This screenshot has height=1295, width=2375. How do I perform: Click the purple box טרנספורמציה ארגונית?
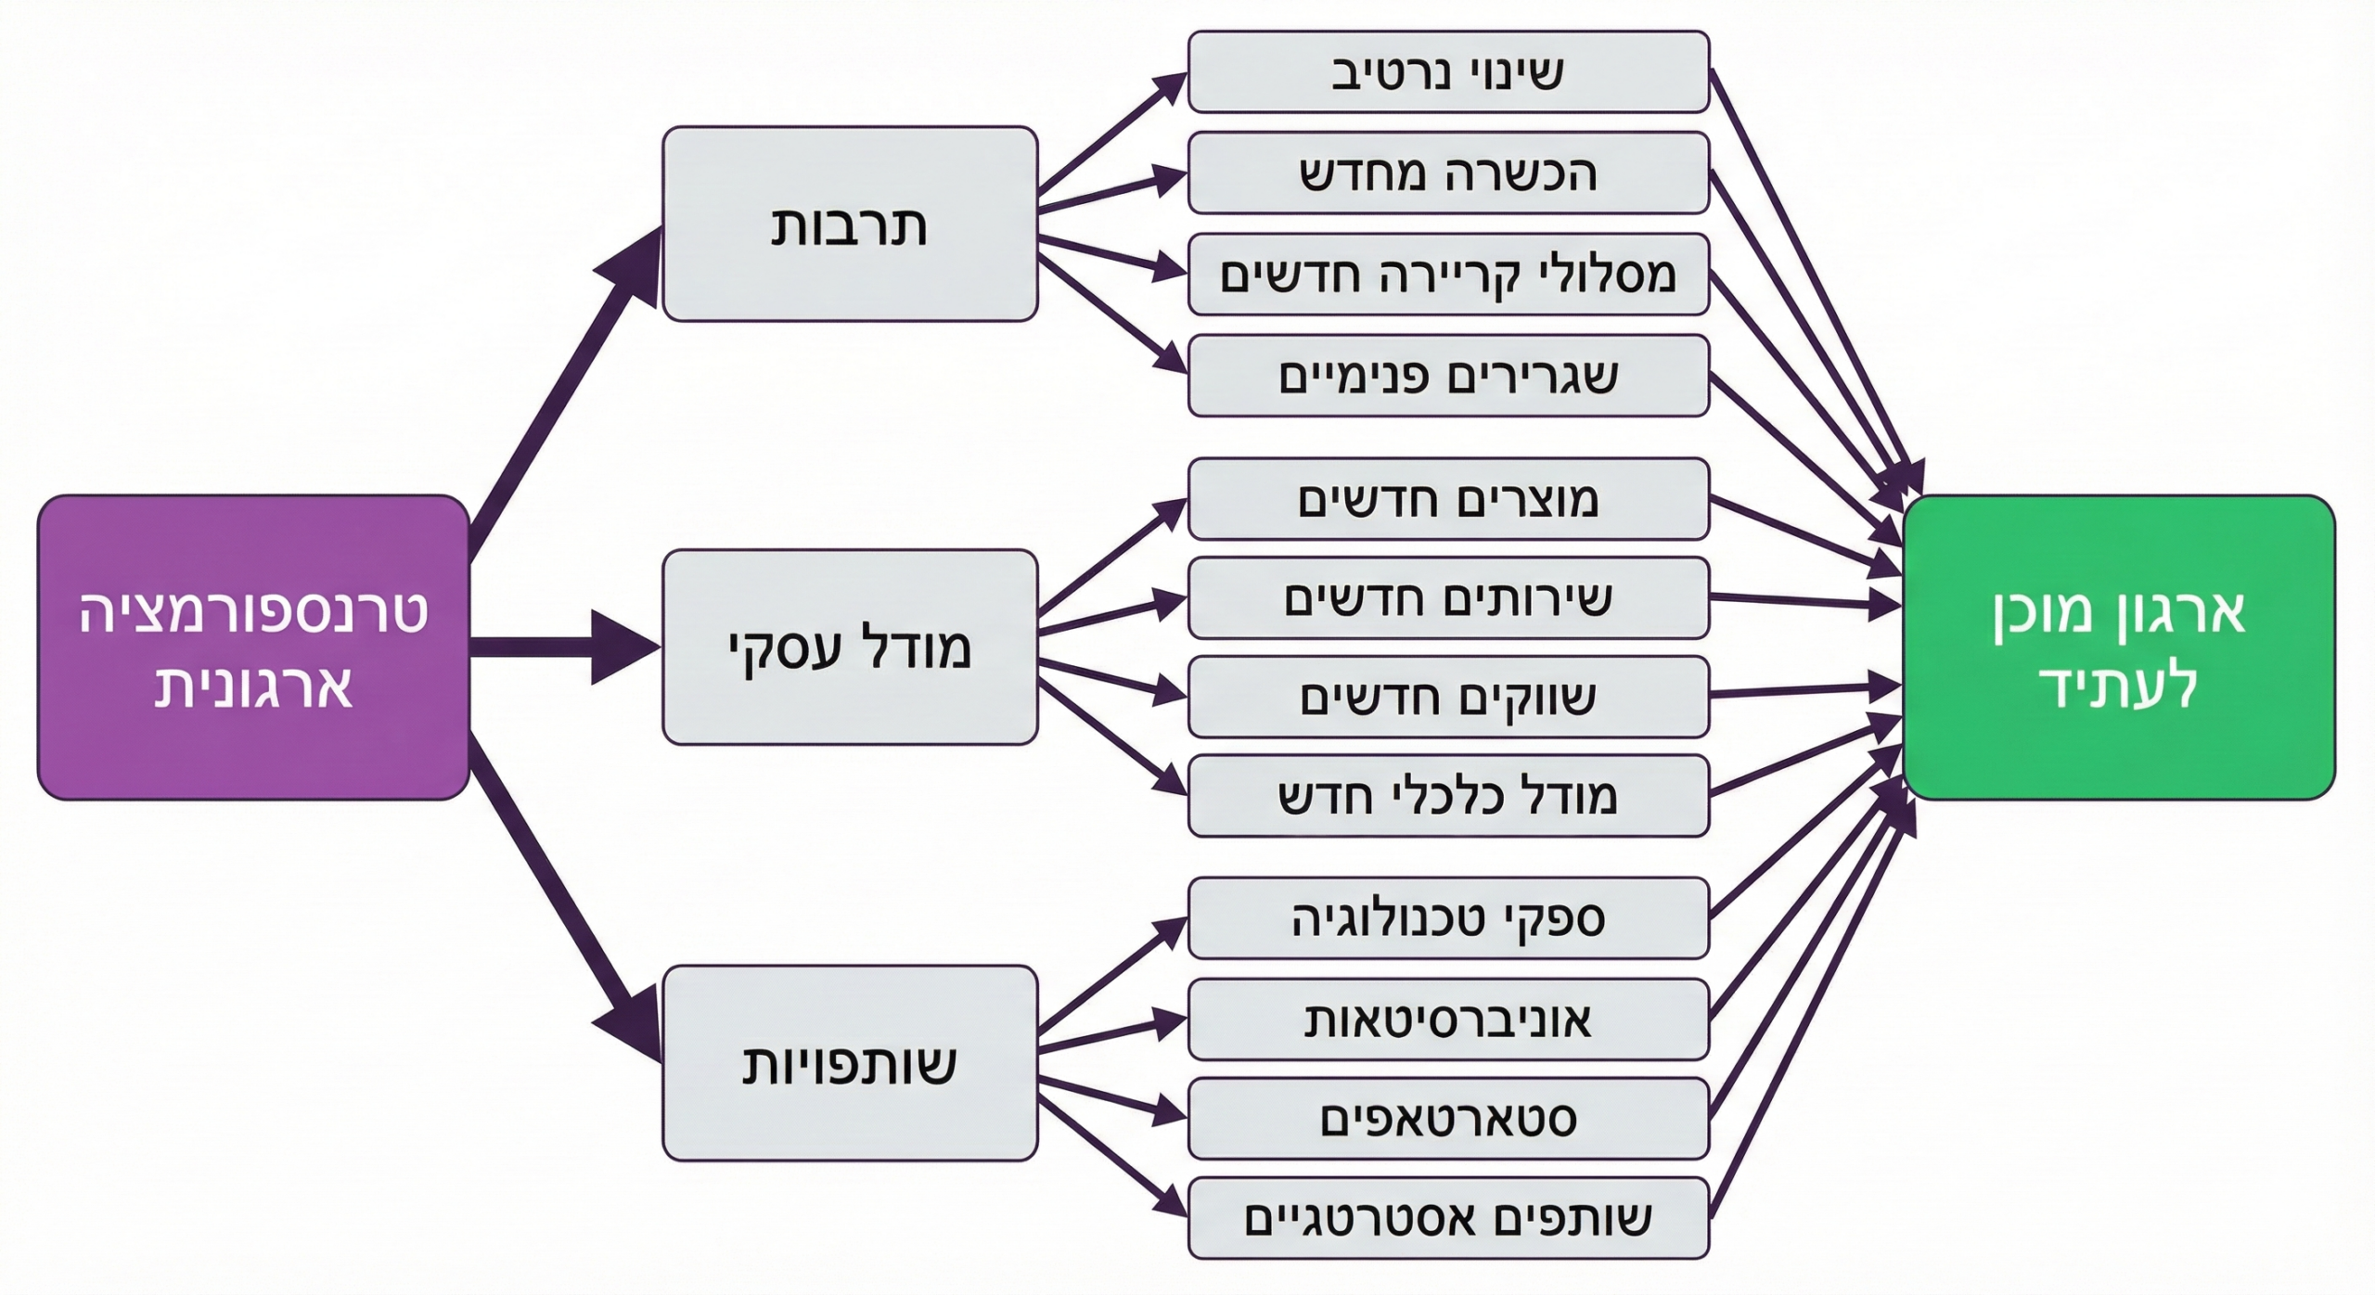pos(252,647)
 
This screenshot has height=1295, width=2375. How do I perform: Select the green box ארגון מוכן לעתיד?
pos(2118,647)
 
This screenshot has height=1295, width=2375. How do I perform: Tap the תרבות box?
pos(849,224)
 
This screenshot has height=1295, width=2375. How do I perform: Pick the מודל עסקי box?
pos(849,647)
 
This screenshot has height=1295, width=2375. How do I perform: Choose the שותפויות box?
pos(849,1062)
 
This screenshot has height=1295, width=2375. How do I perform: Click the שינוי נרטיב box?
pos(1447,71)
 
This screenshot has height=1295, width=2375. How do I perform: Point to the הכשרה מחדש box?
pos(1447,173)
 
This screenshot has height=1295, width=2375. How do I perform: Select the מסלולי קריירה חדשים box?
pos(1447,274)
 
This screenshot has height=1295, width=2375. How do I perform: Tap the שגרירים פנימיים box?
pos(1447,375)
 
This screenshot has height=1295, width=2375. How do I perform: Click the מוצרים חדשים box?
pos(1447,498)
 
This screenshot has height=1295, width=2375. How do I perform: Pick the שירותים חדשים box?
pos(1447,597)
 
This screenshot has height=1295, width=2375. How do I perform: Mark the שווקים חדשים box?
pos(1447,697)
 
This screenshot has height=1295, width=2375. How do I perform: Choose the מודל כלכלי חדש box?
pos(1447,796)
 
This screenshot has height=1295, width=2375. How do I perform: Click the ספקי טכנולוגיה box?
pos(1447,917)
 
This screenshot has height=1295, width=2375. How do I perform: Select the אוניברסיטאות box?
pos(1447,1019)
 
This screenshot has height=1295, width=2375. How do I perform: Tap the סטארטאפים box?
pos(1447,1118)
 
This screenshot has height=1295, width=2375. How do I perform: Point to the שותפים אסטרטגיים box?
pos(1447,1218)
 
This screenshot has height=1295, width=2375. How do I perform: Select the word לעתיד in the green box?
pos(2118,686)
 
